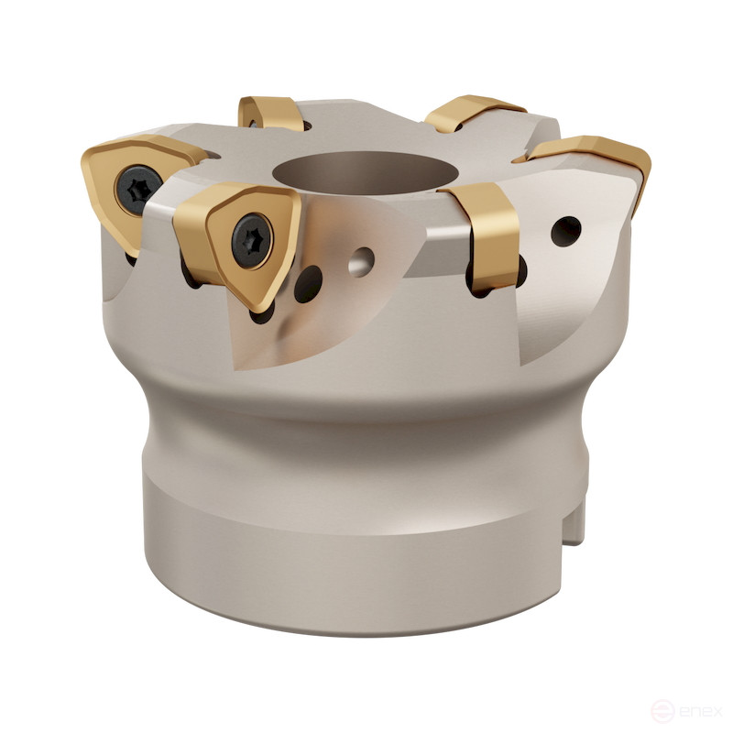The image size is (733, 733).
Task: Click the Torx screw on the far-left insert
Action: coord(139,189)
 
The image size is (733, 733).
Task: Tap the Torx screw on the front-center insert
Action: coord(252,241)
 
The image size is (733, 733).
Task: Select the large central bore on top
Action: coord(362,173)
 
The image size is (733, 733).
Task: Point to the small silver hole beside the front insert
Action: coord(361,262)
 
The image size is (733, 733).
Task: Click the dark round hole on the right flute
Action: coord(566,231)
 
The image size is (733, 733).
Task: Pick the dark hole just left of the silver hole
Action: coord(309,284)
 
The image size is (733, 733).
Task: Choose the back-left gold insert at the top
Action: coord(272,113)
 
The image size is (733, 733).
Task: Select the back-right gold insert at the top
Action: coord(472,113)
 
